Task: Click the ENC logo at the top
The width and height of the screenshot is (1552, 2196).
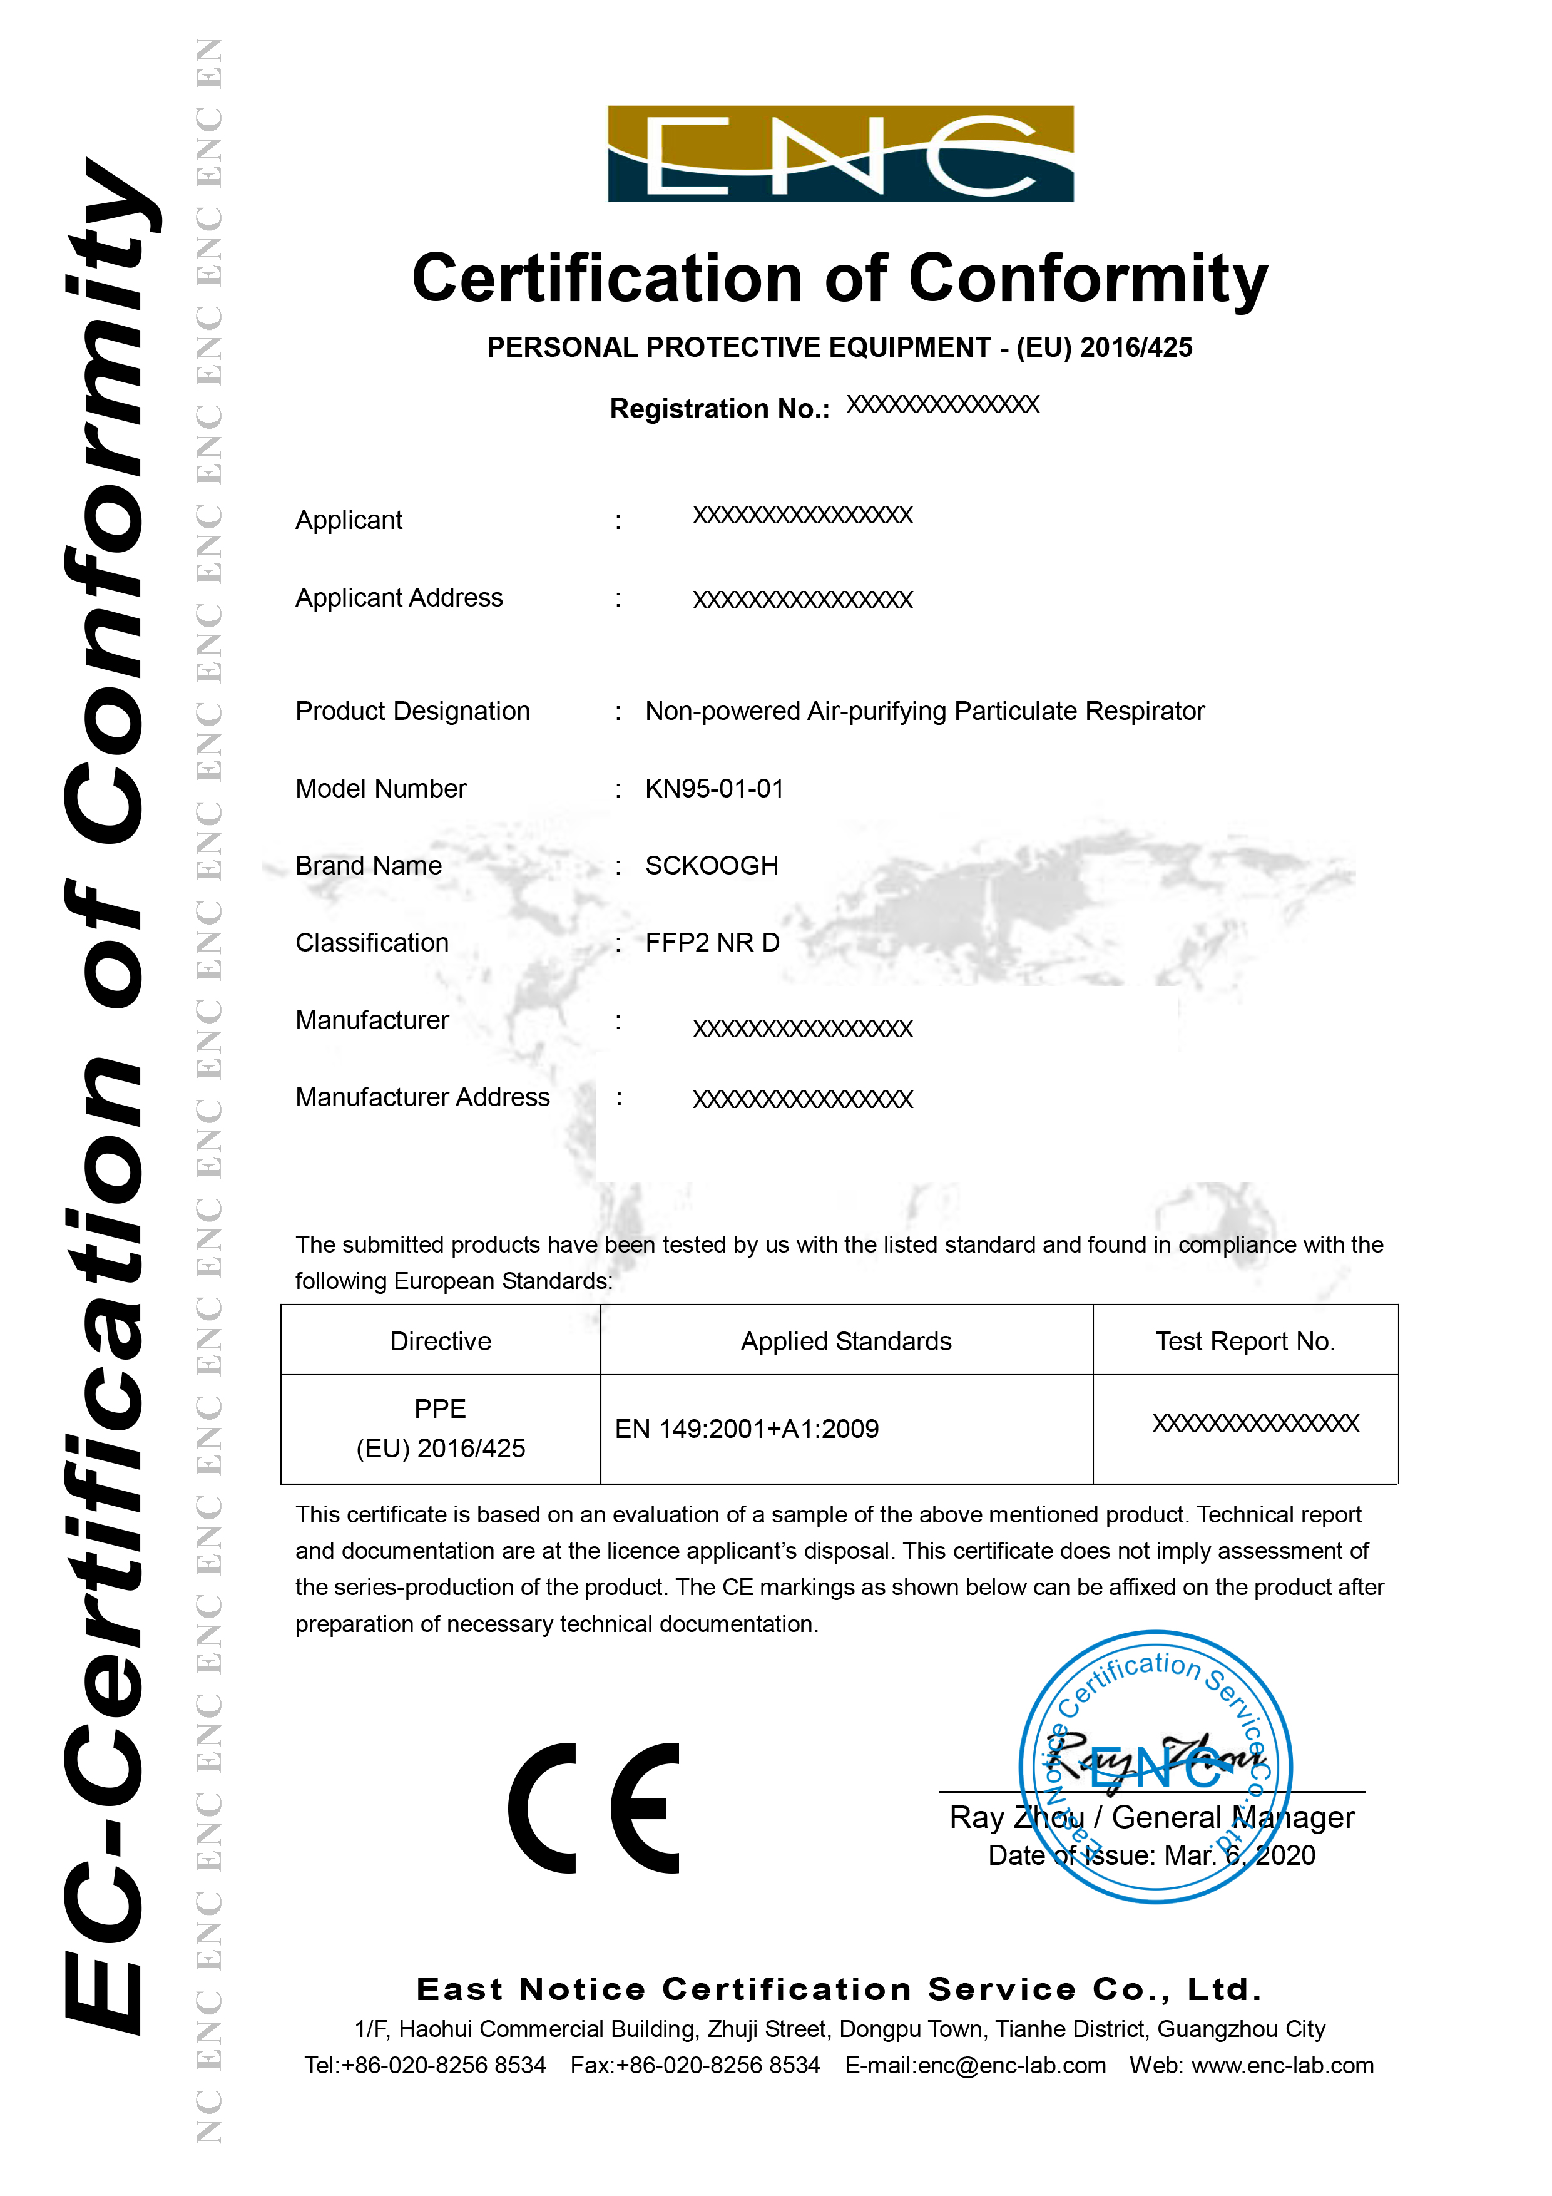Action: (840, 154)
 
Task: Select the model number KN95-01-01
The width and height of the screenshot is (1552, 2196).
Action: (714, 789)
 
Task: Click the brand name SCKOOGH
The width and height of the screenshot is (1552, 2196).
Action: (712, 866)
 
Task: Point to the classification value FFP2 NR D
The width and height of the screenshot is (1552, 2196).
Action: (712, 943)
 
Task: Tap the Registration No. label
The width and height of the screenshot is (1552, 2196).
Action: (719, 409)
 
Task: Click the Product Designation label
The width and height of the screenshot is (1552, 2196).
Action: (412, 712)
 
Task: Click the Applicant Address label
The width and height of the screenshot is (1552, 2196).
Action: (399, 598)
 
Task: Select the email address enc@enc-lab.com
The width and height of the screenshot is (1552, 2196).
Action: (1012, 2065)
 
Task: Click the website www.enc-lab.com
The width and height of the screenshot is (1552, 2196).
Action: (1282, 2065)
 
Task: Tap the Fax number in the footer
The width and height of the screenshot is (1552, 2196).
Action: (695, 2065)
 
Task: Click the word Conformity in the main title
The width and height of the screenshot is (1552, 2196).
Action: (1087, 279)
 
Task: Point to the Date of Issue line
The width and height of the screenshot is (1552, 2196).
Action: (1151, 1855)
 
